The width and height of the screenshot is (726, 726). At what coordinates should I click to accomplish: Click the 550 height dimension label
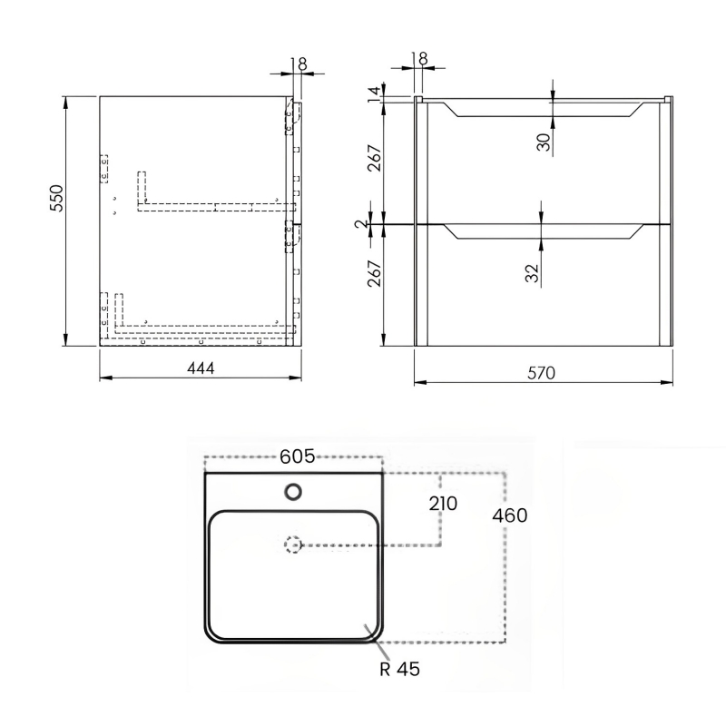pyautogui.click(x=54, y=197)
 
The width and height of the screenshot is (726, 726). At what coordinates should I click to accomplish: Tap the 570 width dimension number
pyautogui.click(x=541, y=372)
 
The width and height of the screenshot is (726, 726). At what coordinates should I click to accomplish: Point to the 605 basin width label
pyautogui.click(x=296, y=456)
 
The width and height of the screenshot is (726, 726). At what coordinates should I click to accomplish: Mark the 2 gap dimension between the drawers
pyautogui.click(x=361, y=222)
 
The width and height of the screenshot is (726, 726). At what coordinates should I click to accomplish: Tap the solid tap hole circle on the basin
pyautogui.click(x=293, y=492)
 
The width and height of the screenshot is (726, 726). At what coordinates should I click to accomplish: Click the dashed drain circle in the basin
pyautogui.click(x=292, y=545)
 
